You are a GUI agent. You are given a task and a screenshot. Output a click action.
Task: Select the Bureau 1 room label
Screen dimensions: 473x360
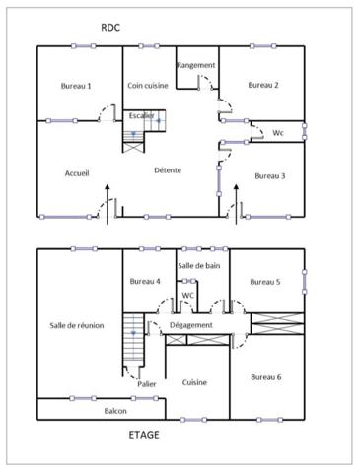[x=76, y=86]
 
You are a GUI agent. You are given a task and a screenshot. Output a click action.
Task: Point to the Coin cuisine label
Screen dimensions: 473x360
[x=148, y=86]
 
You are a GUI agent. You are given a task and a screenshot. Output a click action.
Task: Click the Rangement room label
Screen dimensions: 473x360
[x=195, y=65]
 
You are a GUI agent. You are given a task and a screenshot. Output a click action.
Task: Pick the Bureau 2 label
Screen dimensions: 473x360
[x=263, y=86]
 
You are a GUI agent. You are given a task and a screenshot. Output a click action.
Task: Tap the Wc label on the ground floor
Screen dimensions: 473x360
[x=278, y=132]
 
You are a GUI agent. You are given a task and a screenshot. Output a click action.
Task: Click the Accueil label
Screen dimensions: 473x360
[x=77, y=173]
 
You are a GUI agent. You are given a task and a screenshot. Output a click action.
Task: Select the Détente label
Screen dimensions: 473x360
[x=167, y=170]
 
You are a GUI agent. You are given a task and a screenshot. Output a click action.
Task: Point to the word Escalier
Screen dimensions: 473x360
[x=140, y=115]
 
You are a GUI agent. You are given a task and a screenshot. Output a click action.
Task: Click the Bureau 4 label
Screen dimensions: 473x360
[x=145, y=282]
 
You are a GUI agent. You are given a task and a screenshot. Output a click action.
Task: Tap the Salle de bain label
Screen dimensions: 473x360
[x=197, y=266]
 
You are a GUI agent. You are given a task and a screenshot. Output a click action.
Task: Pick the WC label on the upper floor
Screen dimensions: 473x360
[x=187, y=295]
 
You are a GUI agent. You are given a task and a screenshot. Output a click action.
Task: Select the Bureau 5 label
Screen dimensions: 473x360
[x=265, y=282]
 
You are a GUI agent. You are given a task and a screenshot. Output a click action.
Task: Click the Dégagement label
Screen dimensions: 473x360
[x=190, y=325]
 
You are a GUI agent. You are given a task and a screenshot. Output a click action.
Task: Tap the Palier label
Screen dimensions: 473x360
[x=148, y=384]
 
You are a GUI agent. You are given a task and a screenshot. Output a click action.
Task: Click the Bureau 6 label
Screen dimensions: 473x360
[x=265, y=376]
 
